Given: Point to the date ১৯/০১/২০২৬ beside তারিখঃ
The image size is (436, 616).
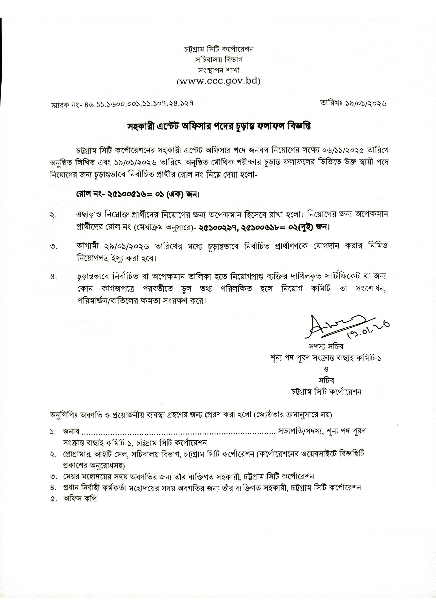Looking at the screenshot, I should tap(366, 103).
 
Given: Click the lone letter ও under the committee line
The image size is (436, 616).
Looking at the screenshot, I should tap(327, 369).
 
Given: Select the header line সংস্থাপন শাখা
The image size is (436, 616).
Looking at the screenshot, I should tap(219, 70).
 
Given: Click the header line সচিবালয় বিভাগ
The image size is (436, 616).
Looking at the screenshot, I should tap(219, 60).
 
